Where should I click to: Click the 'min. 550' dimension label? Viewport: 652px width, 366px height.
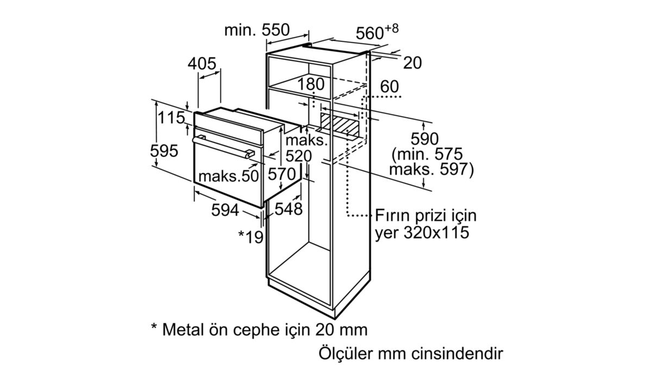coord(257,30)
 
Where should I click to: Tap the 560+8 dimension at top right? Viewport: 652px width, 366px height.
coord(377,32)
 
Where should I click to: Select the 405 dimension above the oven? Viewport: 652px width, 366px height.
coord(202,64)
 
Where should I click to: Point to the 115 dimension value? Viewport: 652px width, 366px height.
coord(172,118)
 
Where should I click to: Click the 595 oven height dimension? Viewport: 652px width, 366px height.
coord(164,151)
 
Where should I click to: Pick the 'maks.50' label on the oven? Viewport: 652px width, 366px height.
coord(229,176)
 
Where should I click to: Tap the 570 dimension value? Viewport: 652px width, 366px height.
coord(282,174)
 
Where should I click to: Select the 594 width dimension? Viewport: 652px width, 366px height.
coord(225,210)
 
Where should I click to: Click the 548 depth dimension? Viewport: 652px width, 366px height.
coord(289,209)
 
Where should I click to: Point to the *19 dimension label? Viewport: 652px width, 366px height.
coord(251,237)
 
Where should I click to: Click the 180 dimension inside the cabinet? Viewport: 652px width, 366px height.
coord(311,84)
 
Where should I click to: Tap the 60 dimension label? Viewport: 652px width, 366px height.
coord(390,86)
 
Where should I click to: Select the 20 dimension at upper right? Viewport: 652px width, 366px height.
coord(412,63)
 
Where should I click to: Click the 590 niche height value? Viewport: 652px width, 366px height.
coord(424,139)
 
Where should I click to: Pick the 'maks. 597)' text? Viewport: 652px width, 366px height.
coord(431,169)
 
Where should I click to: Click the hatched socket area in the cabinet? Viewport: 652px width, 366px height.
coord(340,124)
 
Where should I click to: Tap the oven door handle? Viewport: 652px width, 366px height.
coord(223,147)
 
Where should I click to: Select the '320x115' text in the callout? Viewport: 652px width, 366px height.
coord(436,232)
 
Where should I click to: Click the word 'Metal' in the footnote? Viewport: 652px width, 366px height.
coord(183,330)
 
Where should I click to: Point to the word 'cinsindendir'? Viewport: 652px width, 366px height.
coord(457,354)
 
